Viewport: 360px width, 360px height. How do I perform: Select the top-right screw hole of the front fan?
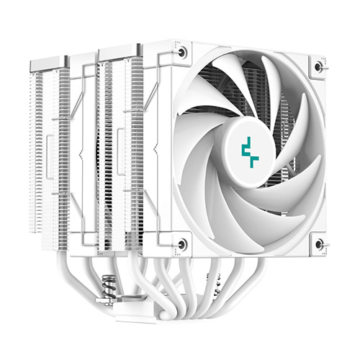[318, 66]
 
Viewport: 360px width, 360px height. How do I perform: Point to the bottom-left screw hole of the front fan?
[182, 243]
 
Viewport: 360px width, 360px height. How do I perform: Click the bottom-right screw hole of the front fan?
[318, 244]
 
